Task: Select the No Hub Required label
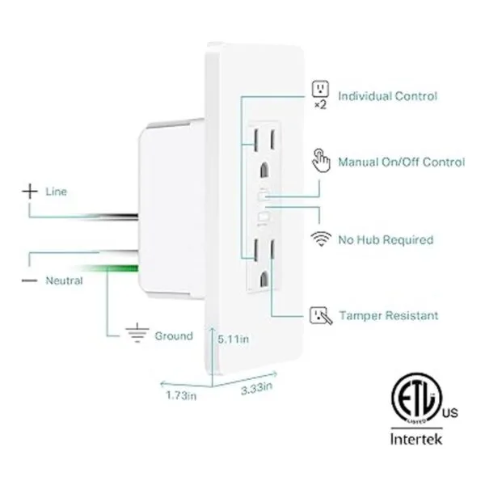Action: (x=385, y=240)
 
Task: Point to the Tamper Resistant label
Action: (x=388, y=315)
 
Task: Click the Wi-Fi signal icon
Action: (x=321, y=239)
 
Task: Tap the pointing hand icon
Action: (x=321, y=162)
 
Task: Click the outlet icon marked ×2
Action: (x=321, y=89)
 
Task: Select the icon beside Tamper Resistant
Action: (x=321, y=315)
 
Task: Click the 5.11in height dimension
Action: (x=233, y=341)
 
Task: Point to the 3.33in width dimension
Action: (x=257, y=389)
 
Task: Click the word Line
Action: (x=57, y=192)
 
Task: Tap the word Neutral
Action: (x=63, y=280)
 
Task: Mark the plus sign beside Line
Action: (x=29, y=192)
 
